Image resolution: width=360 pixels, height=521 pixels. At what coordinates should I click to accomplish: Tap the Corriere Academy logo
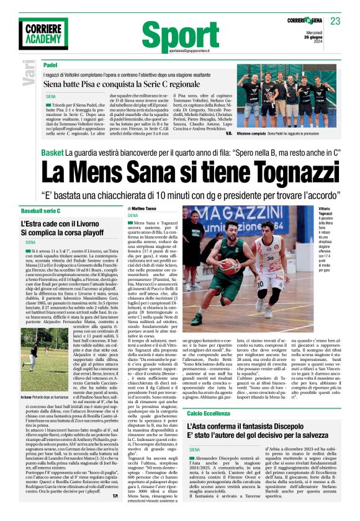(x=44, y=36)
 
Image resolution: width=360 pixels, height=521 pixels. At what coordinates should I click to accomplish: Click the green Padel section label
(x=50, y=65)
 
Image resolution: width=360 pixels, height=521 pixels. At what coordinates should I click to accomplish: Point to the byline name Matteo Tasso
(x=145, y=209)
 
